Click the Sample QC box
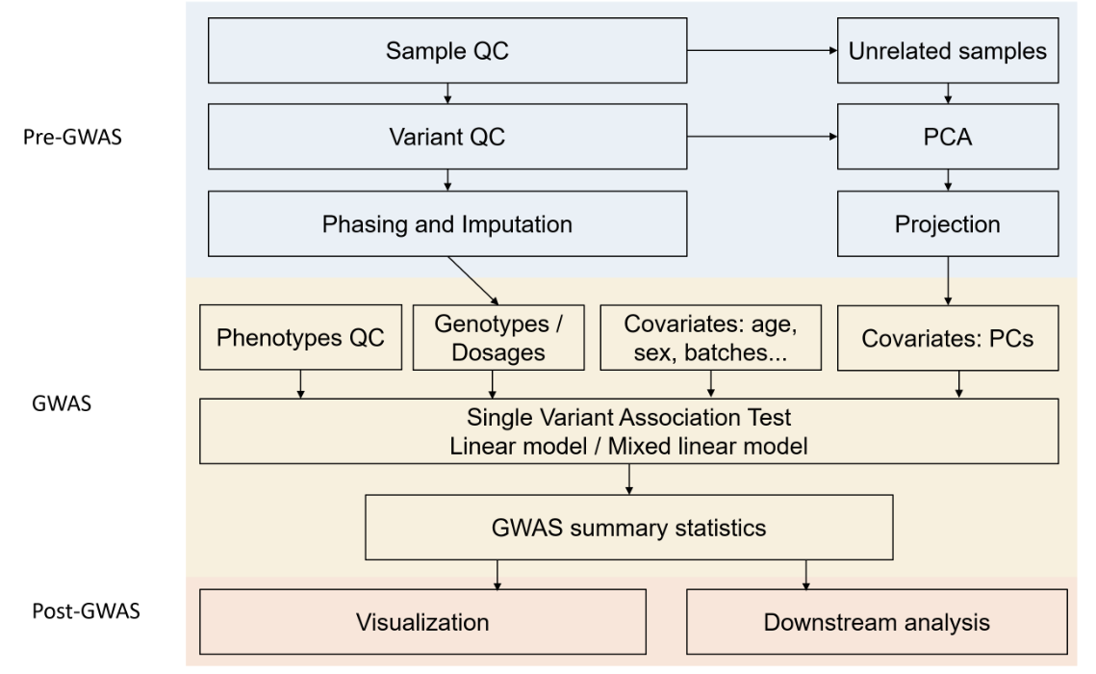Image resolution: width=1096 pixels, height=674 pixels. (447, 51)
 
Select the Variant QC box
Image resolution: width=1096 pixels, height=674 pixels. (447, 137)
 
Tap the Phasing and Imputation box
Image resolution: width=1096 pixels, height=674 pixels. (447, 225)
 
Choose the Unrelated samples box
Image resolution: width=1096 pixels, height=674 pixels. (949, 51)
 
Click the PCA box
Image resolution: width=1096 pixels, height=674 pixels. (949, 137)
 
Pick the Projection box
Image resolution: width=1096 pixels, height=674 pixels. (949, 225)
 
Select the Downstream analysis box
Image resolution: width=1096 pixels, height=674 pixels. (878, 622)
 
